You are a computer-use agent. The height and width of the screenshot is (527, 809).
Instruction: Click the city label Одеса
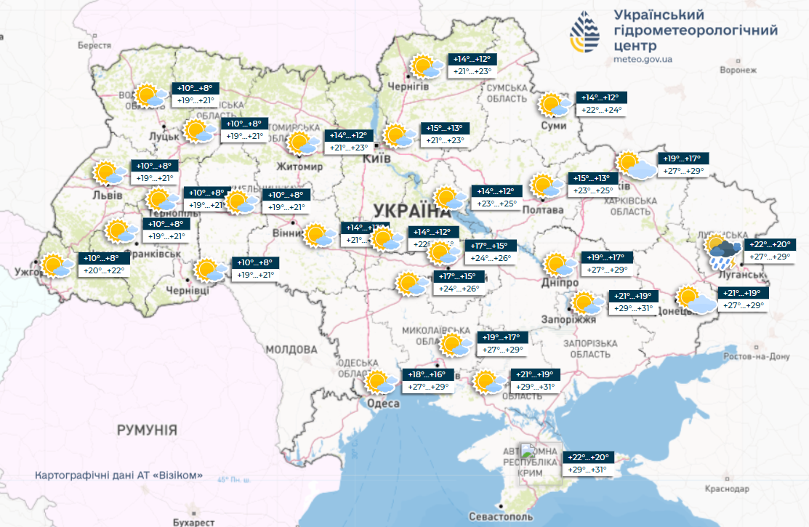point(384,403)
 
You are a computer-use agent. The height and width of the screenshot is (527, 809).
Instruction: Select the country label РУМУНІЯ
point(147,430)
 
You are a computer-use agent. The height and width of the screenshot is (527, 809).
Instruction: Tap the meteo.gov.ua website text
point(643,59)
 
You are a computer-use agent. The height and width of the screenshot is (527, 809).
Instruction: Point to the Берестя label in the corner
point(94,45)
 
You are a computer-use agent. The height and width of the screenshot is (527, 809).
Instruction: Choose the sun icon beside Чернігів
point(424,67)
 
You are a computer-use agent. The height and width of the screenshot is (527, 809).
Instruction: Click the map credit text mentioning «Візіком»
point(118,477)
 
